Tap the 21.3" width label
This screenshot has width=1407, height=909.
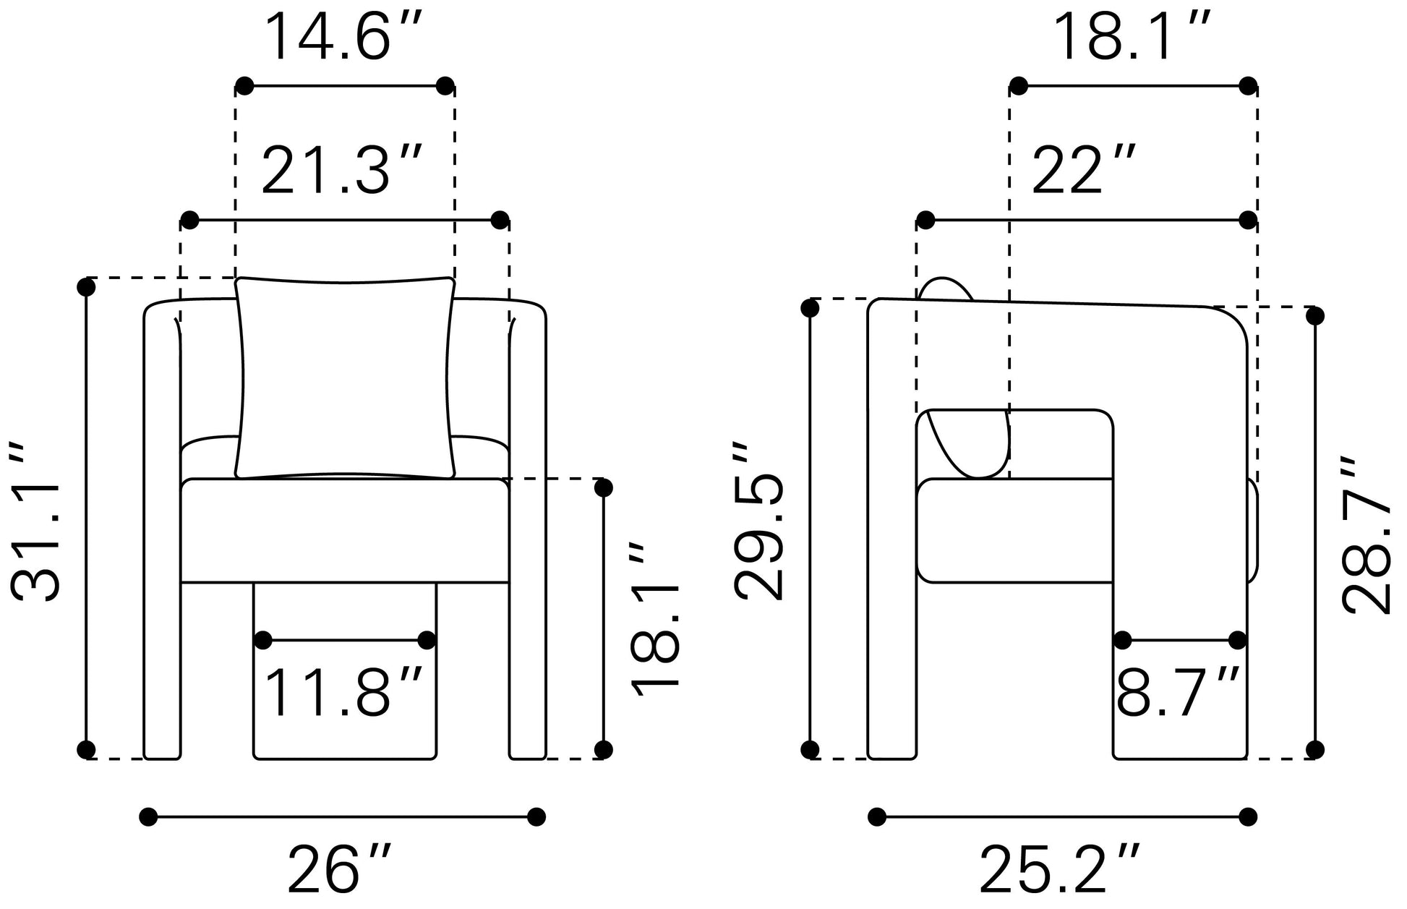tap(341, 170)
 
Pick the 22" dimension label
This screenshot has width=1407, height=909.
tap(1084, 170)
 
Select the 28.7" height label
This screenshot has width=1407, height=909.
tap(1366, 536)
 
